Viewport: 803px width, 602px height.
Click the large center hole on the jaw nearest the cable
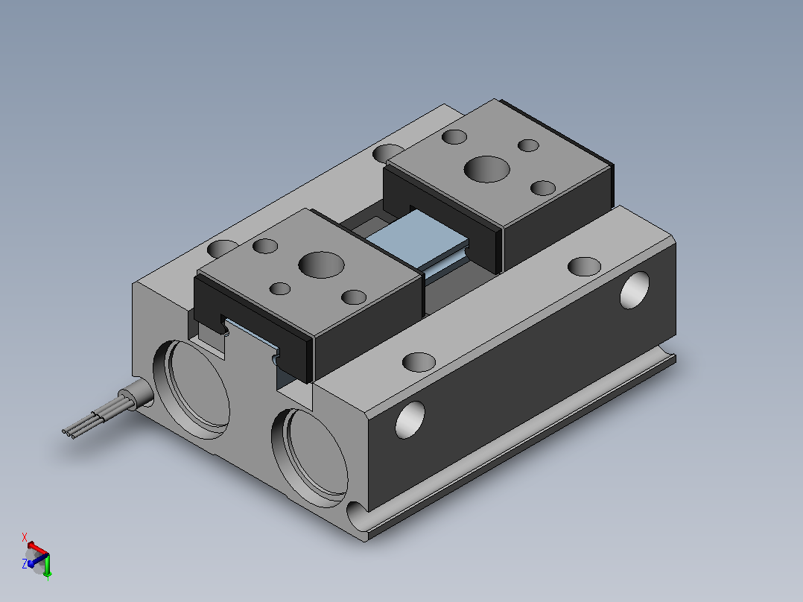[321, 265]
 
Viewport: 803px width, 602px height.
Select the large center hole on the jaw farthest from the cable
[486, 169]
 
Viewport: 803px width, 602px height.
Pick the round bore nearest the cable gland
[191, 390]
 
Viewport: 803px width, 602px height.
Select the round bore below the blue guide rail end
[310, 457]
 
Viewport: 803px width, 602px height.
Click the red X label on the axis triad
[24, 537]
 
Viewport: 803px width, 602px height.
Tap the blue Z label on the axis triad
[25, 563]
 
